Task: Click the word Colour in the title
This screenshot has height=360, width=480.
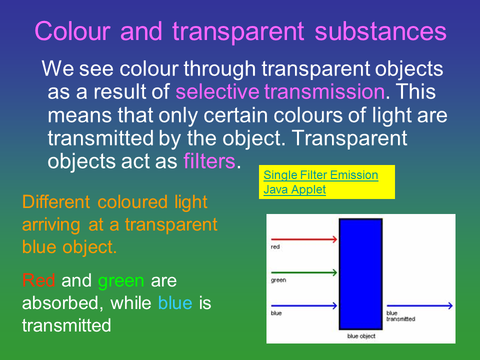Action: [72, 31]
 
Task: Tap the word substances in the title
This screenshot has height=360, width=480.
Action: [380, 31]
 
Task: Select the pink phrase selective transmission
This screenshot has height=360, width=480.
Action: [280, 91]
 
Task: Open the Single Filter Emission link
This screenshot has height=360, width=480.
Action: [321, 175]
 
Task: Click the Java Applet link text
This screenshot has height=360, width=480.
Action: [294, 189]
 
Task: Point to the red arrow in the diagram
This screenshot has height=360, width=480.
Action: [304, 239]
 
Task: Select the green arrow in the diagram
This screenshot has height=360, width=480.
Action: [304, 272]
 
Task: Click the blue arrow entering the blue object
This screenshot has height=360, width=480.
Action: [304, 305]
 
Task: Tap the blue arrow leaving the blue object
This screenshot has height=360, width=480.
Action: [419, 305]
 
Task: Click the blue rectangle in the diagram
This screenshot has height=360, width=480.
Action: [360, 274]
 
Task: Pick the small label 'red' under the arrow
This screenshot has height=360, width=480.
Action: [275, 246]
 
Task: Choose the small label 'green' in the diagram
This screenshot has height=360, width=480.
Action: [278, 280]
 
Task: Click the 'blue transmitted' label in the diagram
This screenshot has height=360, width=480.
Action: [400, 316]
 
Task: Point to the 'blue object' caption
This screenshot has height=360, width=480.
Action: [361, 336]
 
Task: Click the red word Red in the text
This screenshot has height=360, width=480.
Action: [38, 280]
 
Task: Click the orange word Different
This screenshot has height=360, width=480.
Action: [56, 202]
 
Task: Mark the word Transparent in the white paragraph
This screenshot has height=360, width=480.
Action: [350, 138]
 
